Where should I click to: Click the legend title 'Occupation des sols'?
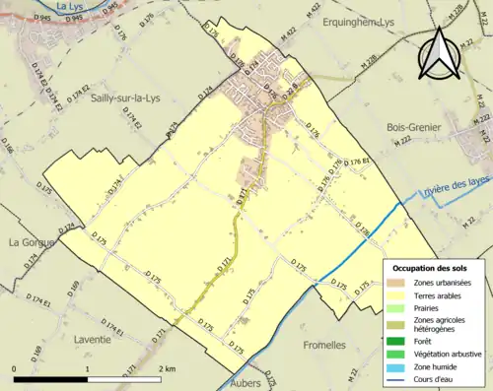pos(432,269)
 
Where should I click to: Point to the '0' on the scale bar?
pos(14,368)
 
